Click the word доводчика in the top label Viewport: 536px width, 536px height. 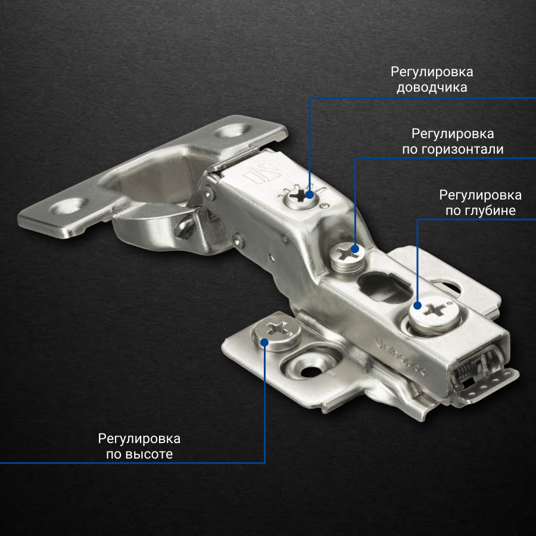(432, 88)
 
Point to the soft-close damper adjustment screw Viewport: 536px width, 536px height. (301, 197)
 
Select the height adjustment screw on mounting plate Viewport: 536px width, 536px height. (276, 332)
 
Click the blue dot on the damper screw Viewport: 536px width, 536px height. (310, 195)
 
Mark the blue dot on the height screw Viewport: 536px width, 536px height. (264, 342)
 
